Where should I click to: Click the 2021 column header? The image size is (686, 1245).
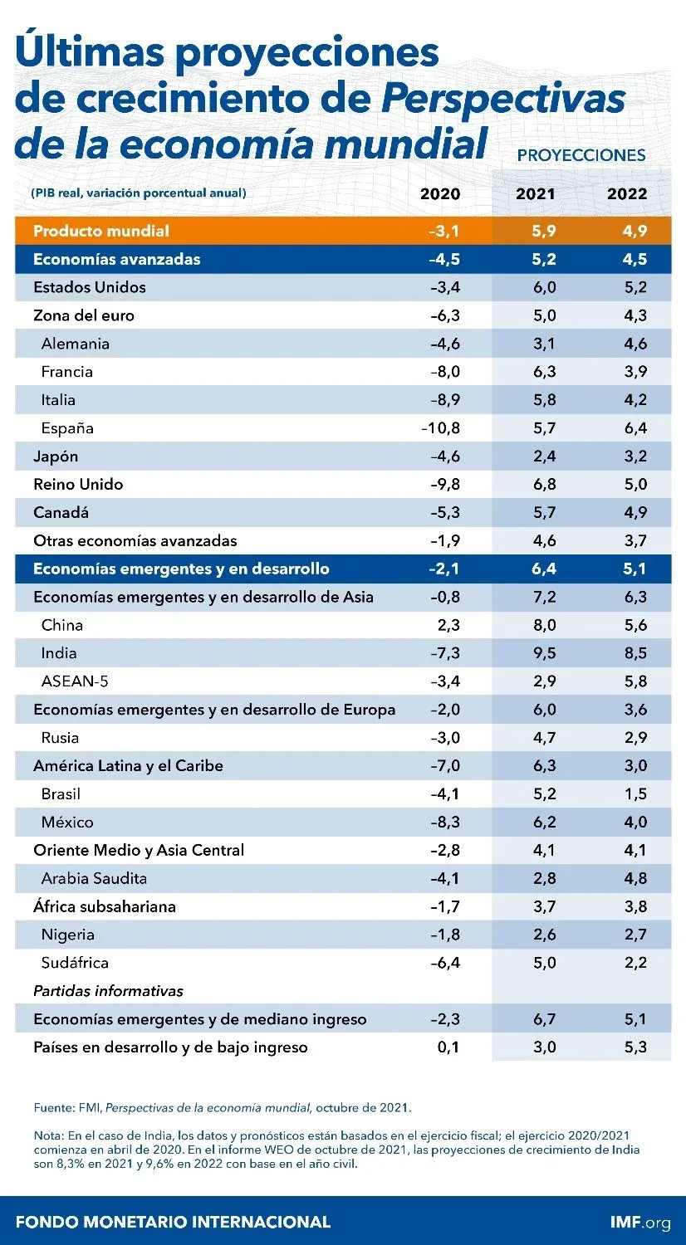(x=536, y=194)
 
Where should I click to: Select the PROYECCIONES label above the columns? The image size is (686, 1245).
(x=581, y=155)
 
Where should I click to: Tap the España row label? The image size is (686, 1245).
(x=67, y=428)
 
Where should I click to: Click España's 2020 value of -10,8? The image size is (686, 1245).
(x=440, y=428)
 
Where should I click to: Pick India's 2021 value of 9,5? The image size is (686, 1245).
(x=544, y=653)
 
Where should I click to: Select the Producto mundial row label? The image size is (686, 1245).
(x=101, y=231)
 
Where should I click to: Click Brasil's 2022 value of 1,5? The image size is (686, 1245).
(x=635, y=793)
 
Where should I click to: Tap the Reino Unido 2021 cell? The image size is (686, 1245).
(x=544, y=484)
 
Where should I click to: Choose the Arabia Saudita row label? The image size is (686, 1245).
(x=94, y=878)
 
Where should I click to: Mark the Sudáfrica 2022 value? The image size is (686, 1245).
(x=635, y=963)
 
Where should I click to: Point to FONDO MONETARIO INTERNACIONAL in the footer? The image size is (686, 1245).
(x=173, y=1222)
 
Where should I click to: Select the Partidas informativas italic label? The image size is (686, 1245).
(x=108, y=991)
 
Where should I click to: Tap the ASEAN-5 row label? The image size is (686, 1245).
(x=75, y=681)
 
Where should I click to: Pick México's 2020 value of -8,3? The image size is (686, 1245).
(x=444, y=822)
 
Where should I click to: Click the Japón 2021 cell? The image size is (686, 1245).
(x=544, y=456)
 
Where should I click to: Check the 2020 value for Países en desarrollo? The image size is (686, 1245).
(x=448, y=1047)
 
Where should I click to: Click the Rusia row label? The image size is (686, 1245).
(x=61, y=737)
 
